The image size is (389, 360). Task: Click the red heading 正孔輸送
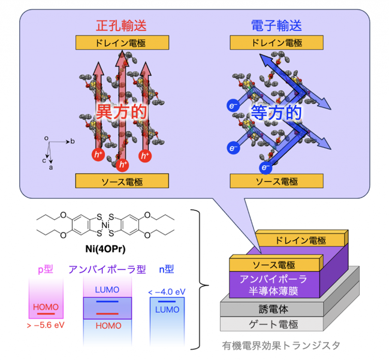(121, 26)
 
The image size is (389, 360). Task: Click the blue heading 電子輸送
(276, 26)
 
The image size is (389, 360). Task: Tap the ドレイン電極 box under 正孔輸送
(122, 43)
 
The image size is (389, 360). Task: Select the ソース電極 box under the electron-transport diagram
(277, 181)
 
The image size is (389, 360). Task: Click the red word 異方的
(121, 111)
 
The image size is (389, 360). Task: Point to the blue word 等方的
(276, 113)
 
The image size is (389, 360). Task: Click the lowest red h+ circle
(122, 165)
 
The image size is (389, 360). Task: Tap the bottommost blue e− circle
(266, 168)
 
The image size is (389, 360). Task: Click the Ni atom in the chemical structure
(105, 225)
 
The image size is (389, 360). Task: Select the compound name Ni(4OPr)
(105, 249)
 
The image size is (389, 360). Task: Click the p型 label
(46, 270)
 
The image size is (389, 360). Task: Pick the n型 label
(167, 269)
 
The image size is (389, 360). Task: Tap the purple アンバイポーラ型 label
(107, 270)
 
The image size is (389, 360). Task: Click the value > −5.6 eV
(46, 325)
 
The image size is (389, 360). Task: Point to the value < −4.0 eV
(167, 292)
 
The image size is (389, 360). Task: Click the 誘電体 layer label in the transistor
(273, 309)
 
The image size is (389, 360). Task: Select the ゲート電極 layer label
(273, 324)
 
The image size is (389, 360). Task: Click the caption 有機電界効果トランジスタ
(281, 346)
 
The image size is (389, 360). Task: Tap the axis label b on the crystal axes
(73, 141)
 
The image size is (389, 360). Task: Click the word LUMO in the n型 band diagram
(167, 310)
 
